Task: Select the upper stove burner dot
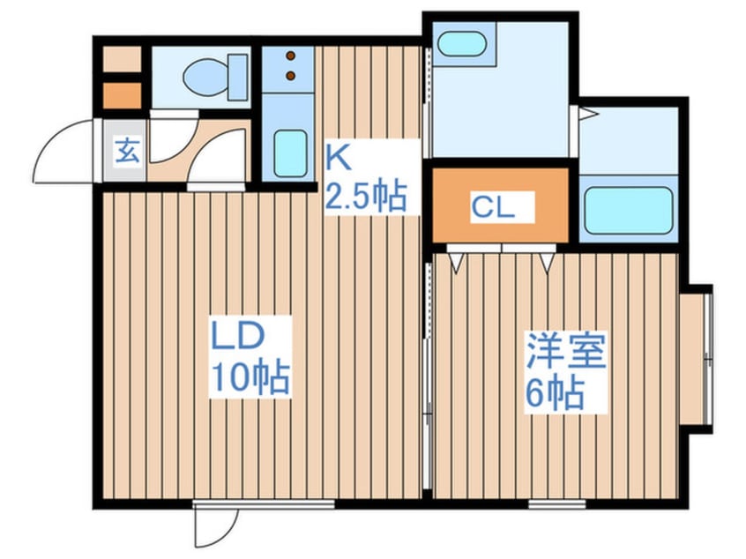pyautogui.click(x=291, y=56)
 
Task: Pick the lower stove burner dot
pyautogui.click(x=291, y=77)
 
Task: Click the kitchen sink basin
pyautogui.click(x=290, y=154)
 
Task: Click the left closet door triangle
pyautogui.click(x=458, y=260)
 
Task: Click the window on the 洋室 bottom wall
pyautogui.click(x=557, y=504)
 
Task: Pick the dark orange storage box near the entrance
pyautogui.click(x=121, y=94)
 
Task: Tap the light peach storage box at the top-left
pyautogui.click(x=121, y=59)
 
